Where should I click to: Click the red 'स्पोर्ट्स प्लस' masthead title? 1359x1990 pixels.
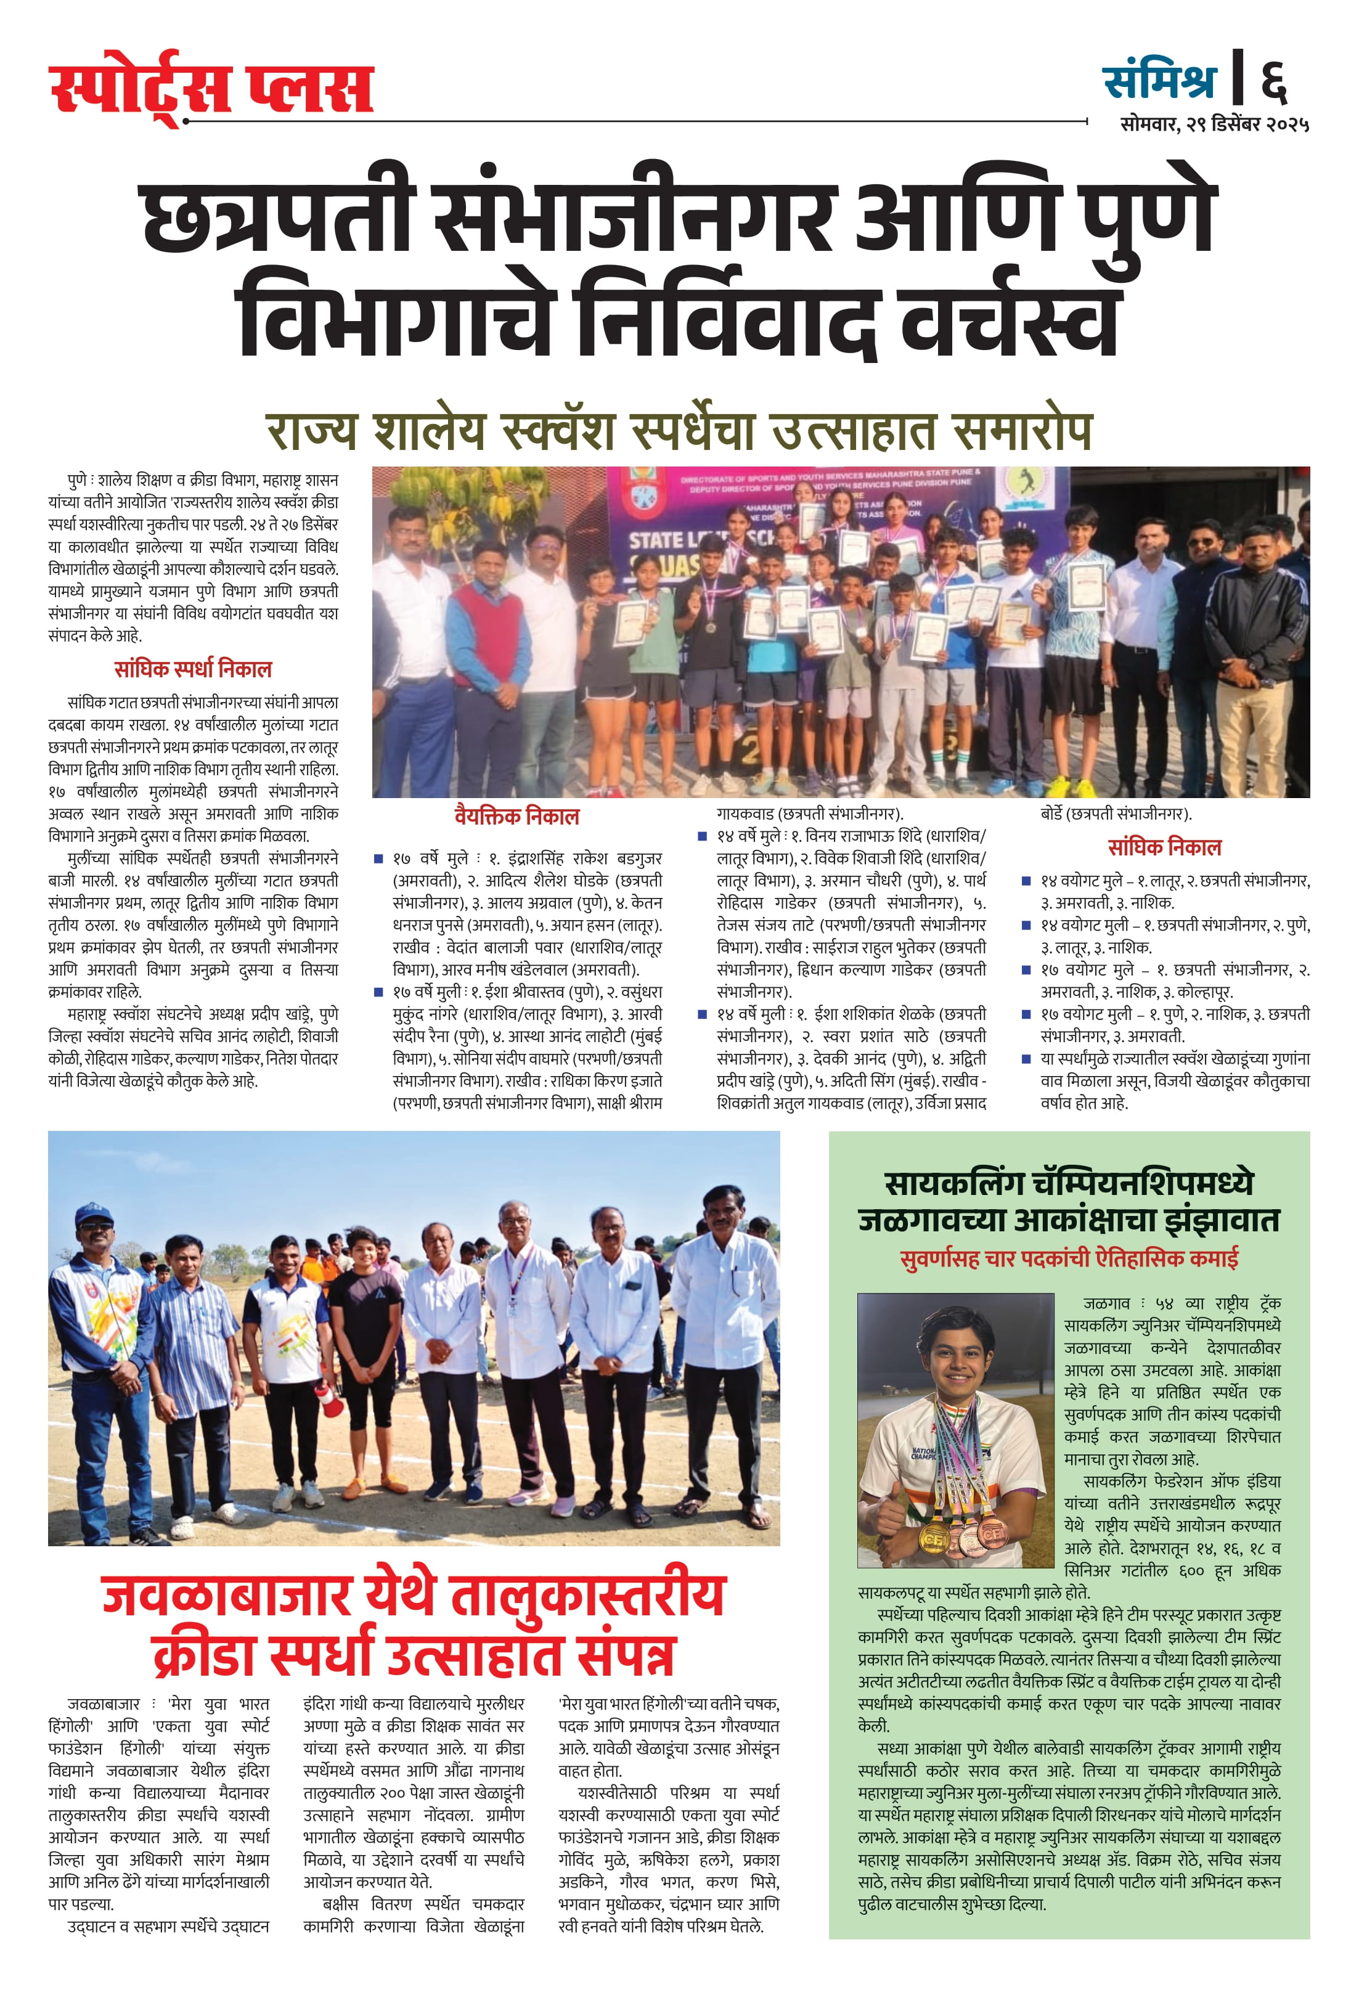[x=211, y=88]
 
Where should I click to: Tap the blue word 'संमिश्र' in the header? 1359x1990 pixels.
[x=1159, y=81]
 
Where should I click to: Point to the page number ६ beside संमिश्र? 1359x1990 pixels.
[x=1273, y=81]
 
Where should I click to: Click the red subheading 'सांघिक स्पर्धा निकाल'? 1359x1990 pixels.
[x=193, y=669]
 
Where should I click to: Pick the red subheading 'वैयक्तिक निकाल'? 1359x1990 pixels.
[x=516, y=816]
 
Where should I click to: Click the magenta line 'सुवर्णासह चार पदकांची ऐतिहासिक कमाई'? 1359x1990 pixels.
[x=1069, y=1258]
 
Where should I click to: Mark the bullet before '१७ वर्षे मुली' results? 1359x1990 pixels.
[x=378, y=992]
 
